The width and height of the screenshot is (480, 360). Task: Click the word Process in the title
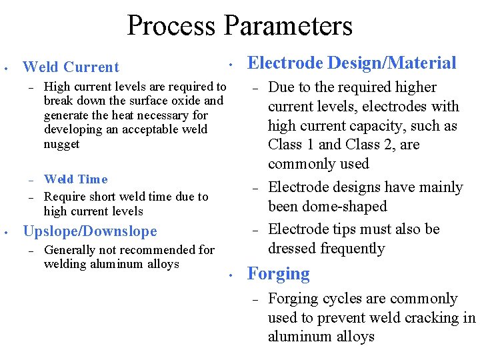coord(171,25)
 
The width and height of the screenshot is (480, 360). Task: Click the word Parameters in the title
coord(288,25)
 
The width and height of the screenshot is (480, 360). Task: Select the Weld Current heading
coord(71,67)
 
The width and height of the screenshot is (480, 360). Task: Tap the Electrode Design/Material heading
coord(351,63)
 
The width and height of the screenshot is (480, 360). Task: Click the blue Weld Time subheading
coord(75,179)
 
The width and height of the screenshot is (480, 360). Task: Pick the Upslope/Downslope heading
coord(90,231)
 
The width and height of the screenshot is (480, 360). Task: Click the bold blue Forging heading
coord(278,274)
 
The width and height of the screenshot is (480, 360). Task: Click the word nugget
coord(61,144)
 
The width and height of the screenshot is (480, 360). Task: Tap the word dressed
coord(293,248)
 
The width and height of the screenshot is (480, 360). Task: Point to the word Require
coord(65,197)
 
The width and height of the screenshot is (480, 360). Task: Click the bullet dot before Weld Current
coord(5,67)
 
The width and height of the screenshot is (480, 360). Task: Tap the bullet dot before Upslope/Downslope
coord(5,232)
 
